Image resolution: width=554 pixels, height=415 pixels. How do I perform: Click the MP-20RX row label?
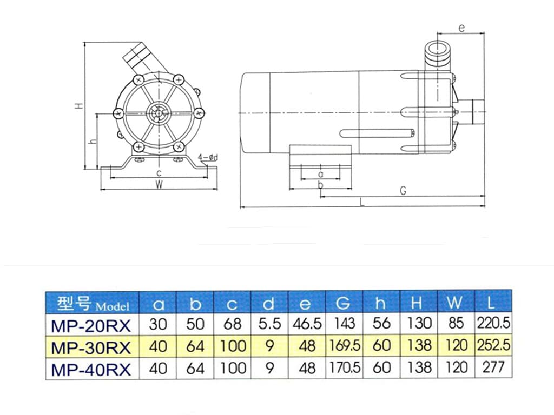(91, 324)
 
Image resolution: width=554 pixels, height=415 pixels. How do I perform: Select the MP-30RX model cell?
(91, 346)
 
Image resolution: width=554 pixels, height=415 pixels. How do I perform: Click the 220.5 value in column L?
(493, 324)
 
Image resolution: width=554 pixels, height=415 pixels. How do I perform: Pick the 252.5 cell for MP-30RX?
(493, 346)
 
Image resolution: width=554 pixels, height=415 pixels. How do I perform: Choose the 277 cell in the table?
(493, 369)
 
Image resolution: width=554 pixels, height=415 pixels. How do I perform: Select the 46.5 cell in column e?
(306, 324)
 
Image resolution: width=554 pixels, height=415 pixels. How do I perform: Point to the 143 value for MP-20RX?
(344, 324)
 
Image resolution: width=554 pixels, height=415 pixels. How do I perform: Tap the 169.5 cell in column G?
(344, 346)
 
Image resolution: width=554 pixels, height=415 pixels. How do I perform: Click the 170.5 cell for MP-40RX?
(344, 369)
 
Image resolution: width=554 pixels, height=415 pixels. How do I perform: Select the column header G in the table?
(344, 303)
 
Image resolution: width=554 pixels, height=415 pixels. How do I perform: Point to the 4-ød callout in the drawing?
(208, 158)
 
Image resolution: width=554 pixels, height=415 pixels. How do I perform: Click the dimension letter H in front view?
(79, 106)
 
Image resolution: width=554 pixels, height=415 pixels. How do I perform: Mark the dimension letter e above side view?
(461, 28)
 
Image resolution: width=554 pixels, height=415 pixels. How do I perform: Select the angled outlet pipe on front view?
(140, 55)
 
